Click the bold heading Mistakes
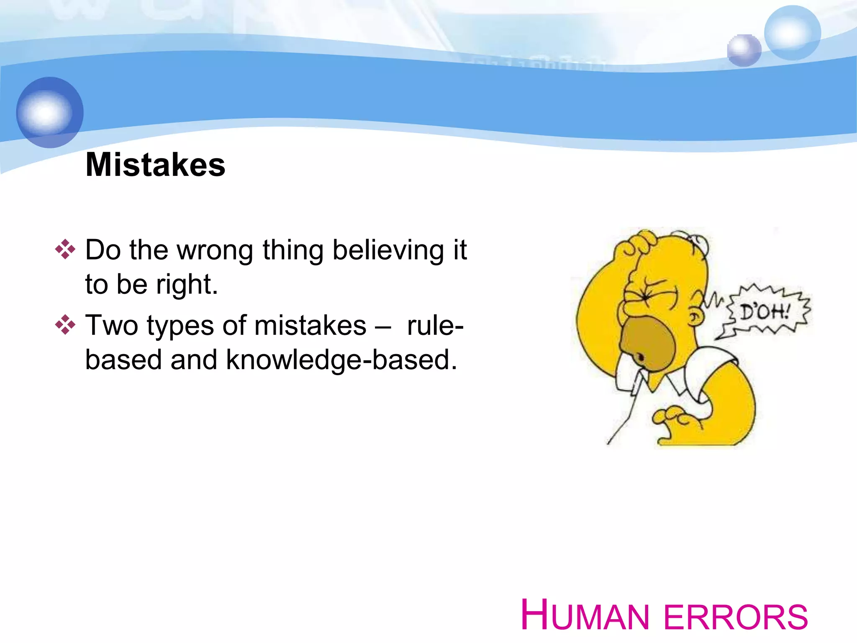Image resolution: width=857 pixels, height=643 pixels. tap(155, 165)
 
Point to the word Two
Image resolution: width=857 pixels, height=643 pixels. tap(111, 326)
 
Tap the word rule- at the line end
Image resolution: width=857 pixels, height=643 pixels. tap(435, 326)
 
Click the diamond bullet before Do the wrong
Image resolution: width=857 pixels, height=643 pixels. tap(65, 249)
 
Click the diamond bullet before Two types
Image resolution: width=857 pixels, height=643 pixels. tap(65, 325)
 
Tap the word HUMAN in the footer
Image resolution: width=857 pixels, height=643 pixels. tap(584, 615)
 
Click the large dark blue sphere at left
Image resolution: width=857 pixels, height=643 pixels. tap(50, 112)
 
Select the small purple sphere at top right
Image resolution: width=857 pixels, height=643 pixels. tap(744, 50)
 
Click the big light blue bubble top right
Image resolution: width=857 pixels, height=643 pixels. tap(792, 33)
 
